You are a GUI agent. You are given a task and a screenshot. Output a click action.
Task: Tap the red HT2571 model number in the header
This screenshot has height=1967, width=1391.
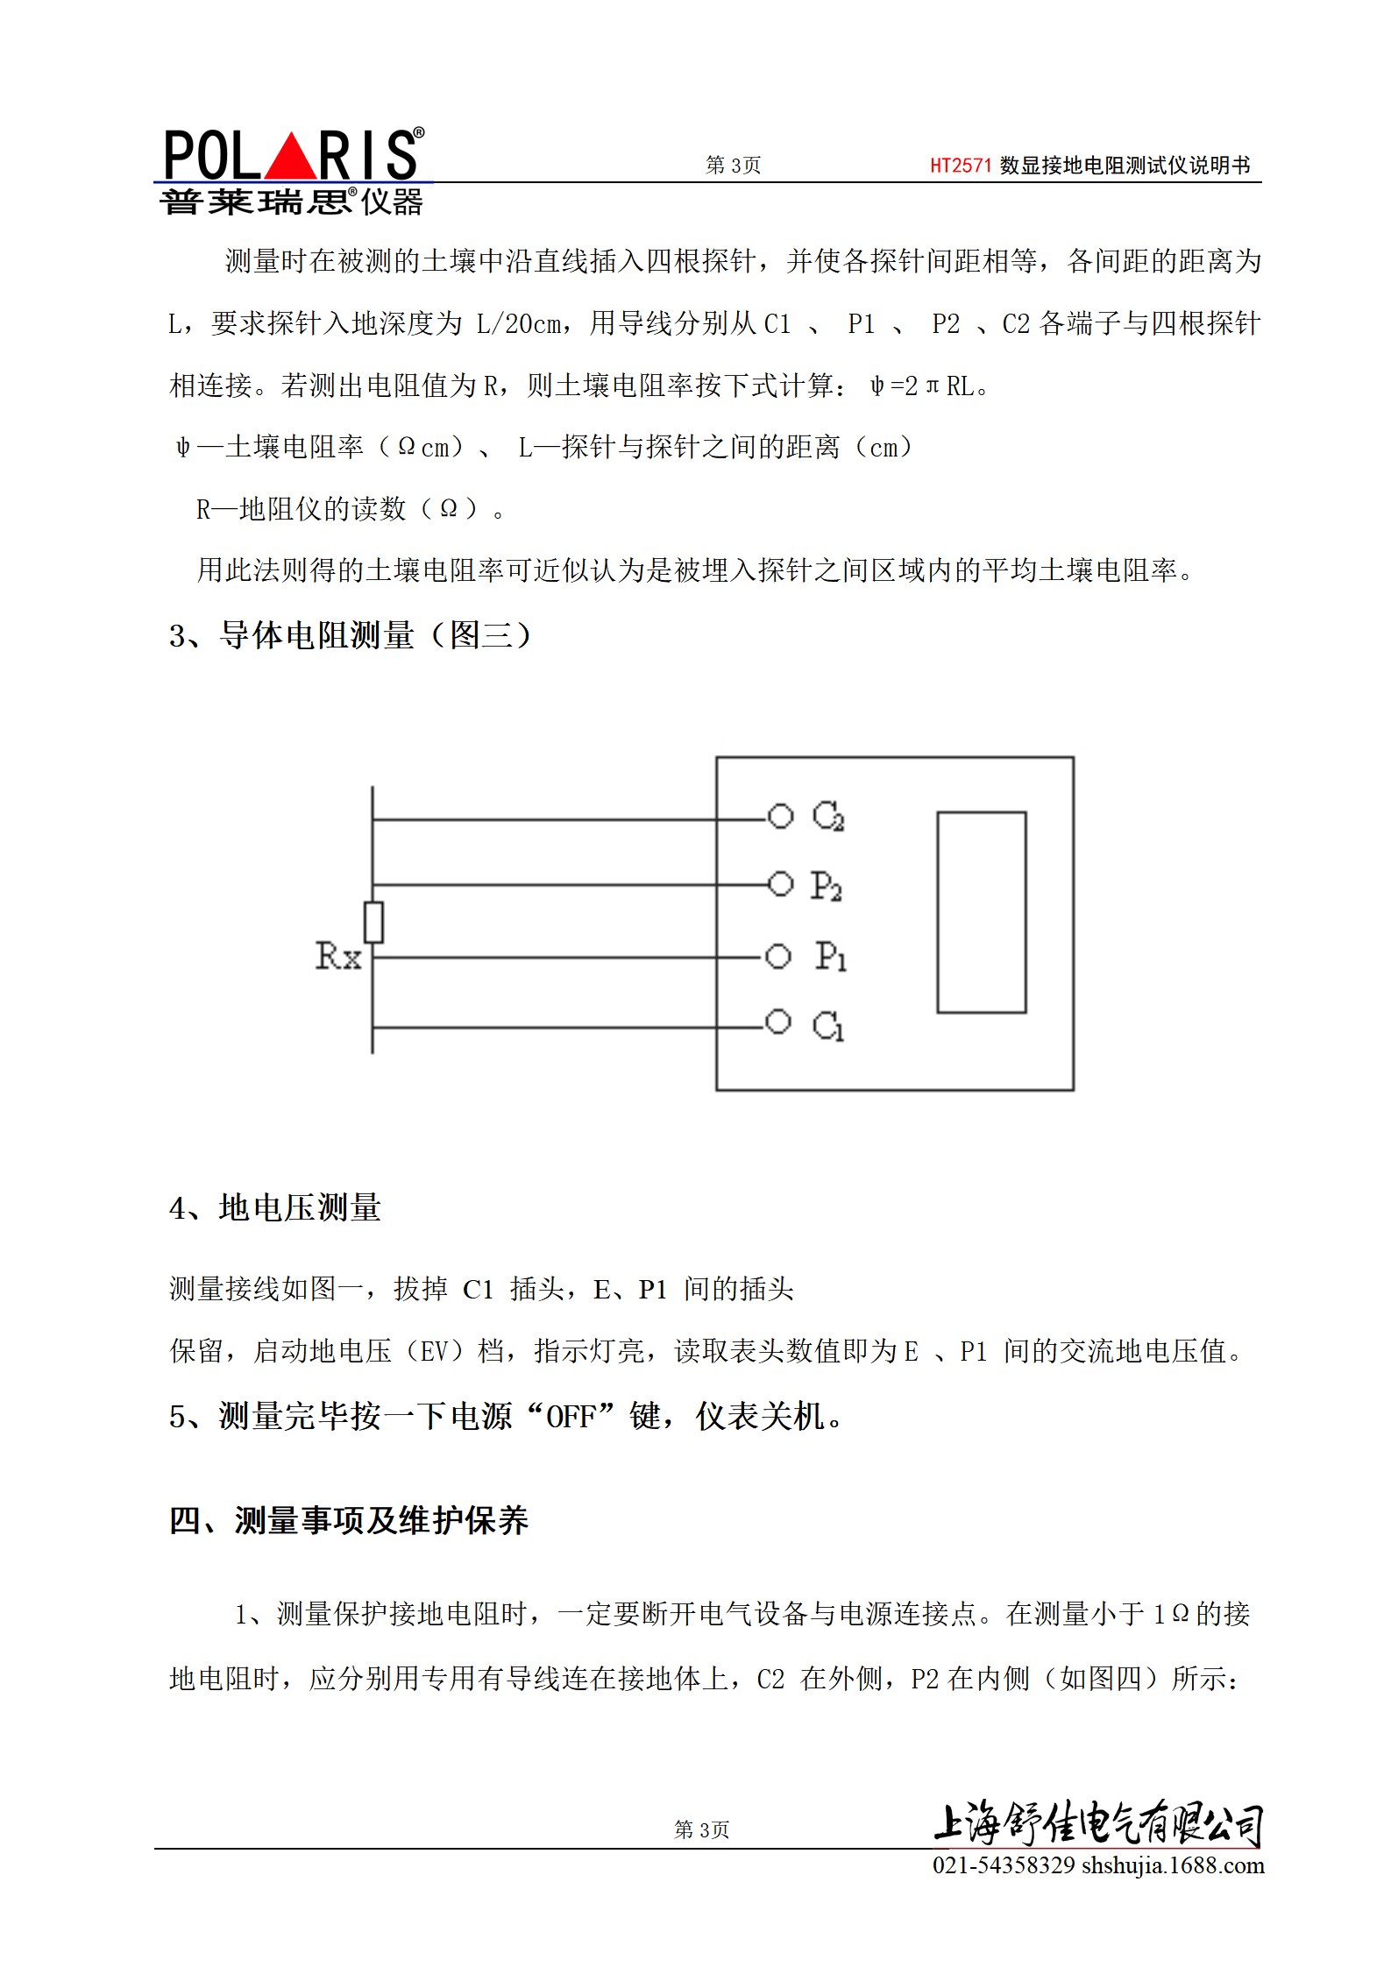960,166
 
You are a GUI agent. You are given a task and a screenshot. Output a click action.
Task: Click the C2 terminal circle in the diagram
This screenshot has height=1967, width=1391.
780,817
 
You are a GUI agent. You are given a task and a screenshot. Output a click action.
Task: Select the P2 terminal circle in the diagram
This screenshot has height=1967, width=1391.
780,883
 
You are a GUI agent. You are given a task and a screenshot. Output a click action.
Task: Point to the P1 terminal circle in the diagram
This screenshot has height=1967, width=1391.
777,956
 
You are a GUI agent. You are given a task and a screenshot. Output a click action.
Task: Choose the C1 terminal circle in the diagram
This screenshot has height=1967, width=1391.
777,1022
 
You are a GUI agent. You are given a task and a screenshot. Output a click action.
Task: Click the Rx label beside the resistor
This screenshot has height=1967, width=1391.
338,956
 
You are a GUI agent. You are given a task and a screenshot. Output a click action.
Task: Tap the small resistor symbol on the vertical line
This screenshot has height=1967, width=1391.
373,923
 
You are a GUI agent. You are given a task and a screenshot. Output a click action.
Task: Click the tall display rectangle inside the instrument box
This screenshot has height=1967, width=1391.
981,912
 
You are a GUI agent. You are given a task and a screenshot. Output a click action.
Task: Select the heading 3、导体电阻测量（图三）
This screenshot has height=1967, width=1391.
351,635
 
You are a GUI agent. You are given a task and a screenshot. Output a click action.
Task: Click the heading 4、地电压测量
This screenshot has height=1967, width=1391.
275,1208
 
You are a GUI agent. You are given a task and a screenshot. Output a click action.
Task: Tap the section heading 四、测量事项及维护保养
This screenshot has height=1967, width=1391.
349,1521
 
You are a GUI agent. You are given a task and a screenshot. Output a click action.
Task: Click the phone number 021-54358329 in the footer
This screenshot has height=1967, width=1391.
1003,1865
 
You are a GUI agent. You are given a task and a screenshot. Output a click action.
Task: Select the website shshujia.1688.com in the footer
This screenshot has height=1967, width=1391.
1173,1865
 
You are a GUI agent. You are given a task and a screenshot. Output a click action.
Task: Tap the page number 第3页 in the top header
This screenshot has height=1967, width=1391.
733,166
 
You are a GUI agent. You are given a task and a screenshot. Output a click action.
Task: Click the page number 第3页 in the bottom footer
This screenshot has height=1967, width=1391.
701,1829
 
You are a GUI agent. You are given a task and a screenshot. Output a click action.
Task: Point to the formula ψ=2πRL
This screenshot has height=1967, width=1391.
922,386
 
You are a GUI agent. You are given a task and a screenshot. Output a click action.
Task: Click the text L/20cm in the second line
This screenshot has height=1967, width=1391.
519,324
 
